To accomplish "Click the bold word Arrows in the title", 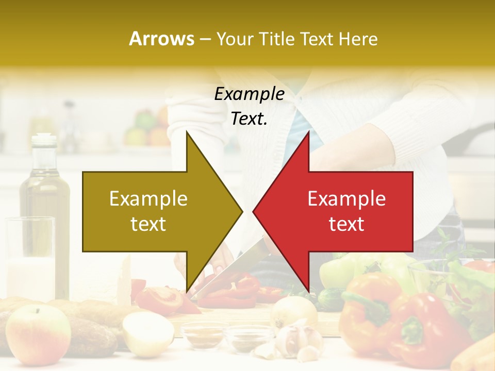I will [x=161, y=39].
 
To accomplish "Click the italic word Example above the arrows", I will [x=249, y=94].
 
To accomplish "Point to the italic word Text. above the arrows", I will [x=249, y=119].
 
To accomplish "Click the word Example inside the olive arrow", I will [x=148, y=199].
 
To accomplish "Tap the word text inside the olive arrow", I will [x=148, y=224].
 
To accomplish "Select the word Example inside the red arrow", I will [x=346, y=199].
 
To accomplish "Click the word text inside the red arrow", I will [x=346, y=224].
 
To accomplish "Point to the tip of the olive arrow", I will [x=241, y=211].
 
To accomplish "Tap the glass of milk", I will [x=30, y=258].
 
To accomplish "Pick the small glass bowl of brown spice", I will [x=204, y=334].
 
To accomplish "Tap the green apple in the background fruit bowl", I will [x=143, y=120].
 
